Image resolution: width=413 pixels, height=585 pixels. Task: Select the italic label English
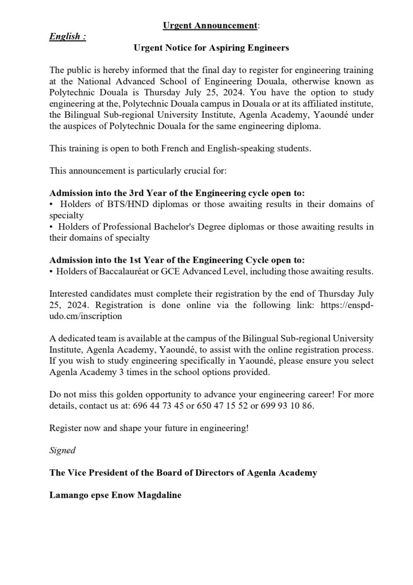67,37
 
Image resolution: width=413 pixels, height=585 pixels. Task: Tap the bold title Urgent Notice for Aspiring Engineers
211,48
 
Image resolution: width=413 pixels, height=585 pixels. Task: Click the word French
166,148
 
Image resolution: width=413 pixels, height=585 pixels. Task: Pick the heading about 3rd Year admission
177,193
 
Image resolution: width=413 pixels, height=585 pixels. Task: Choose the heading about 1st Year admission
177,259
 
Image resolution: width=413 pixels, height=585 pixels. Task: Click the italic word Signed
62,450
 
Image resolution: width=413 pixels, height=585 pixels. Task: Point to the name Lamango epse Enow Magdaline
116,495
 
